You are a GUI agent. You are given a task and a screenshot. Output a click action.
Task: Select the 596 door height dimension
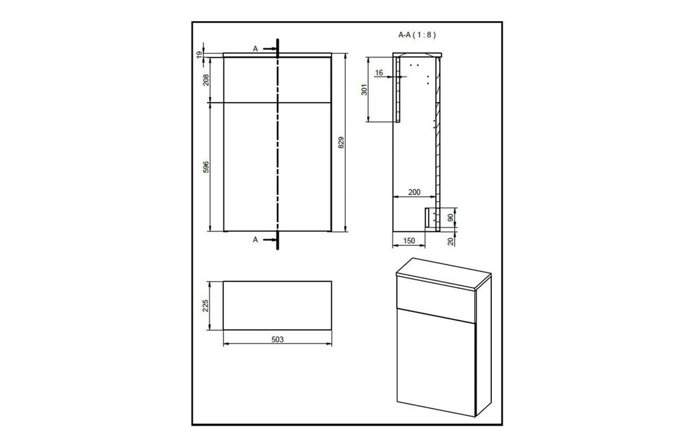click(205, 167)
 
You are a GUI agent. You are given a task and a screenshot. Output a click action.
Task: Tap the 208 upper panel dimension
click(205, 80)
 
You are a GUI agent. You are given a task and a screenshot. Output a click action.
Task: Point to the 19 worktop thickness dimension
click(200, 55)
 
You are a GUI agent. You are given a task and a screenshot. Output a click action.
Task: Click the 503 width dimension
click(277, 340)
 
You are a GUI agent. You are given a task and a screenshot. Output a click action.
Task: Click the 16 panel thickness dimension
click(380, 73)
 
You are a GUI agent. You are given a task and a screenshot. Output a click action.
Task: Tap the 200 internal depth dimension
click(413, 192)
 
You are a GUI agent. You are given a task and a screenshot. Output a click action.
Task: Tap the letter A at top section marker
click(255, 48)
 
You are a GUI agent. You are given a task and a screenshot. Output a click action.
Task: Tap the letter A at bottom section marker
click(255, 240)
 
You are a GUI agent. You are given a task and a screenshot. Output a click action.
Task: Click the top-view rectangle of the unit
click(277, 305)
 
